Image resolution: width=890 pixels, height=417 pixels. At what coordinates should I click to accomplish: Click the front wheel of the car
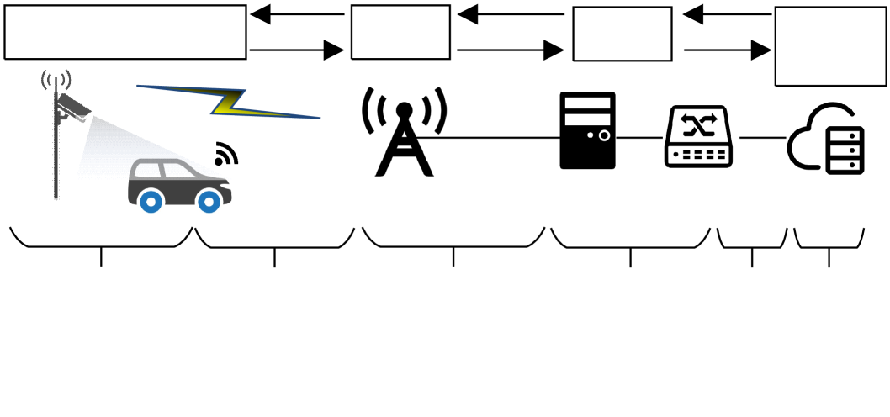pyautogui.click(x=209, y=200)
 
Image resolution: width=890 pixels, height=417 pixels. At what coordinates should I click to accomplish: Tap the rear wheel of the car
pyautogui.click(x=151, y=200)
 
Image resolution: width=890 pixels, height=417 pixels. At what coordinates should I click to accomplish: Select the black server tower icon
pyautogui.click(x=587, y=130)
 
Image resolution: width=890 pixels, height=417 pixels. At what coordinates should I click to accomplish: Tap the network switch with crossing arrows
pyautogui.click(x=699, y=136)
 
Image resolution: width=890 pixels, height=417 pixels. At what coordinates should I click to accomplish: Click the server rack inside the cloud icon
pyautogui.click(x=845, y=150)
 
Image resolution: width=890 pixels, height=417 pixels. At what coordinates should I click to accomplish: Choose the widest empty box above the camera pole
pyautogui.click(x=125, y=32)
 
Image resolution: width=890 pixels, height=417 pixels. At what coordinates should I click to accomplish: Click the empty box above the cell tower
pyautogui.click(x=400, y=33)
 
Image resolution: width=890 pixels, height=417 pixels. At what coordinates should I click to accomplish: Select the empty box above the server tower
pyautogui.click(x=622, y=34)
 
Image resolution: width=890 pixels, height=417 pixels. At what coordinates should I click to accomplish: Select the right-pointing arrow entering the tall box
pyautogui.click(x=728, y=50)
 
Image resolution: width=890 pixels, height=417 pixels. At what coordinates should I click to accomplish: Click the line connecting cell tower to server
pyautogui.click(x=496, y=137)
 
